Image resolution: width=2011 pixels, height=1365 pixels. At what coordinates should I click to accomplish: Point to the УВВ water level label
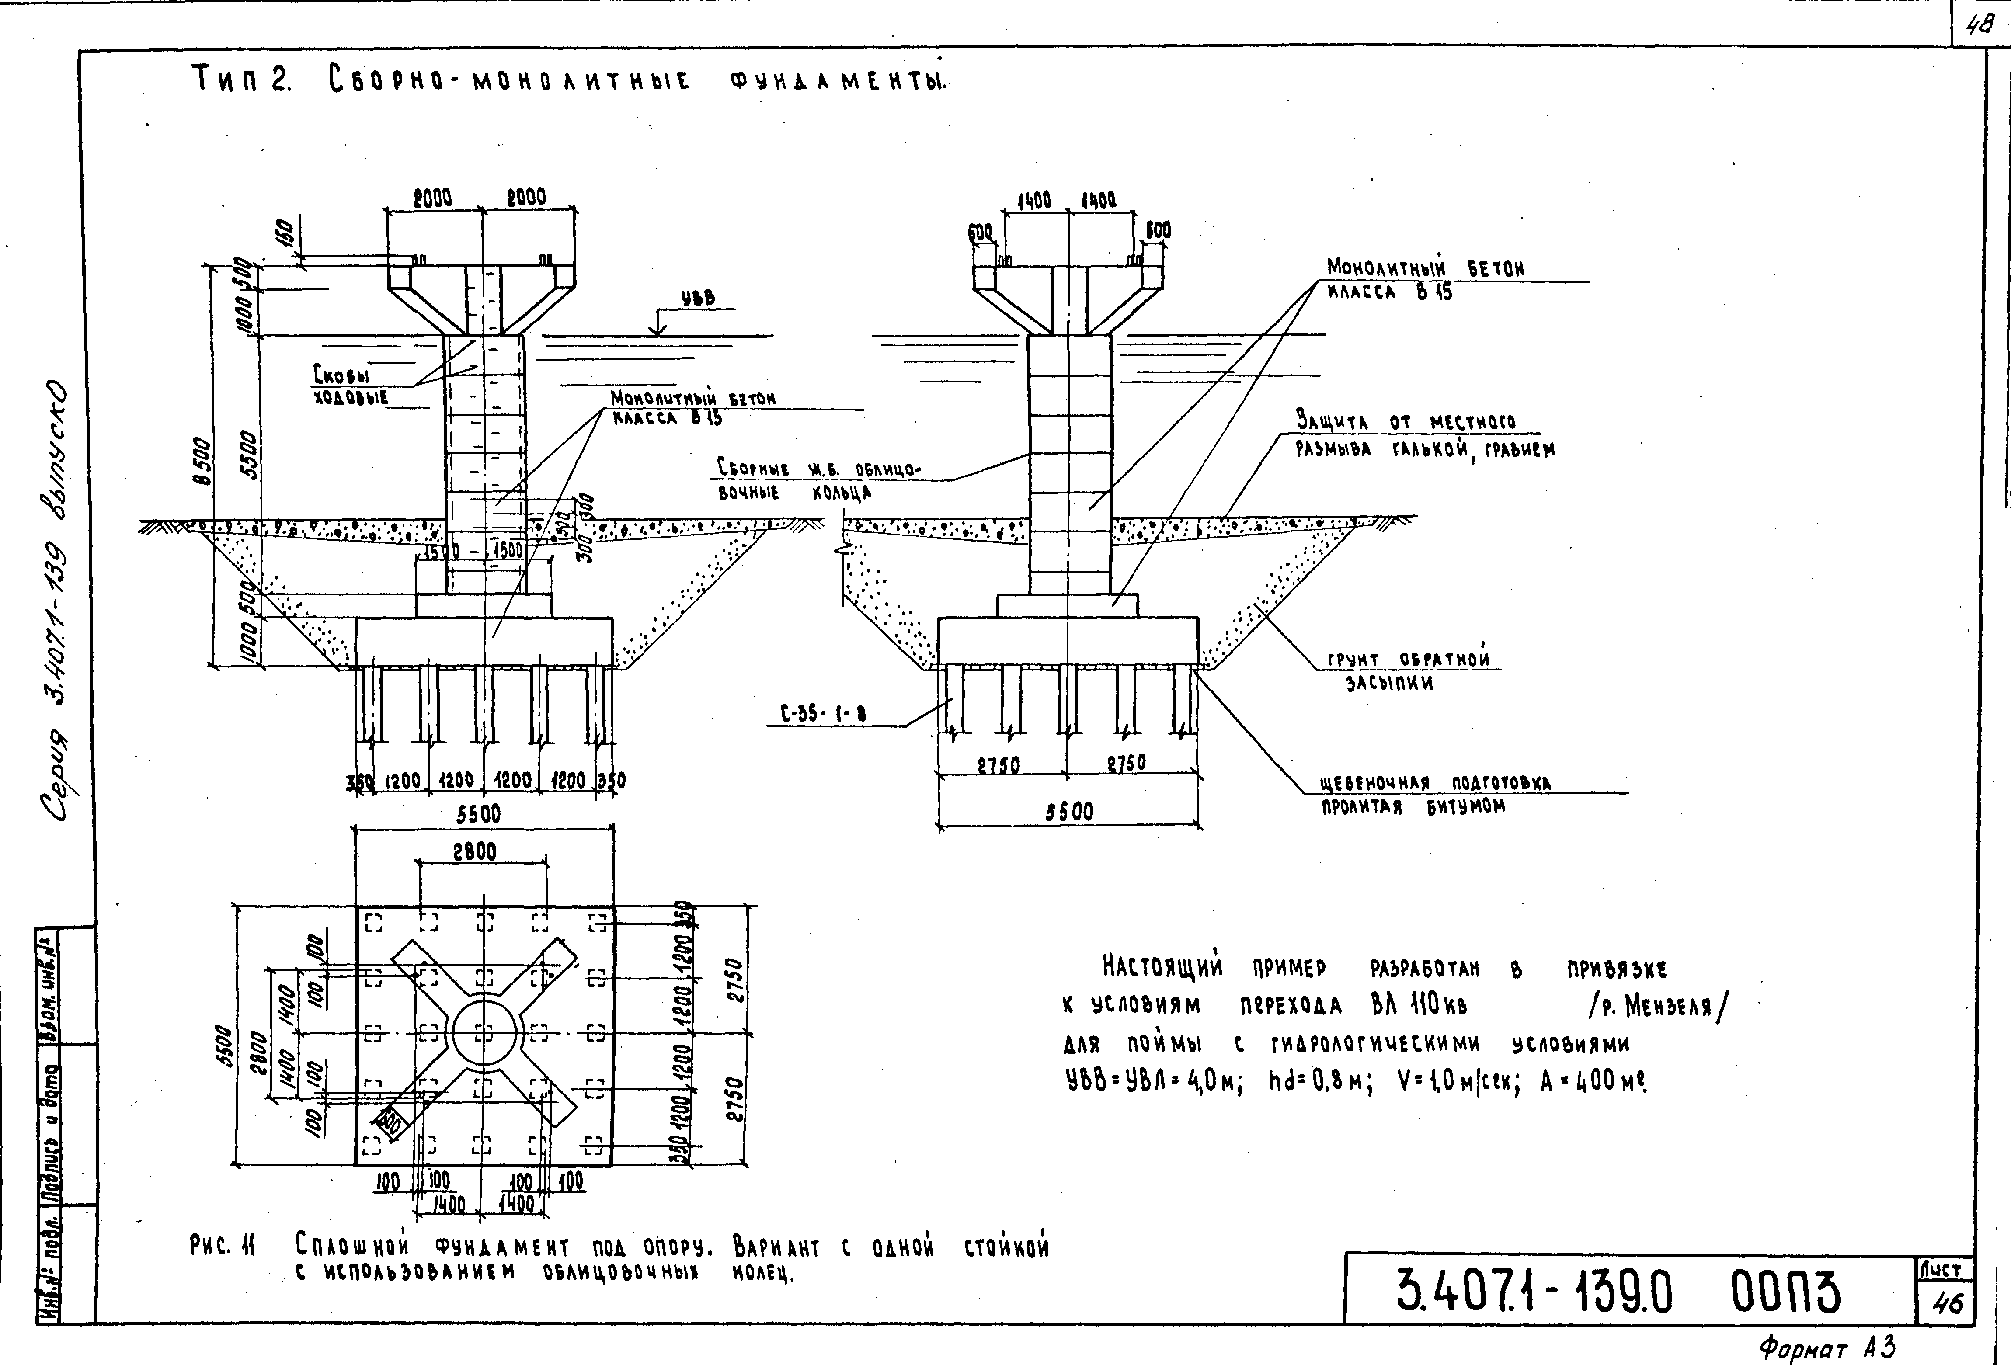(697, 298)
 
